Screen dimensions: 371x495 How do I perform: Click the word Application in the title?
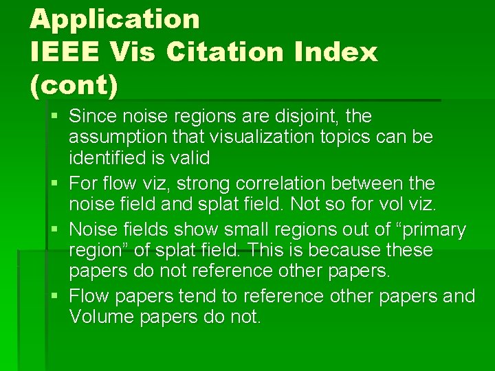point(115,19)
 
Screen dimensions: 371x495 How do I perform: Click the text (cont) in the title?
point(74,85)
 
